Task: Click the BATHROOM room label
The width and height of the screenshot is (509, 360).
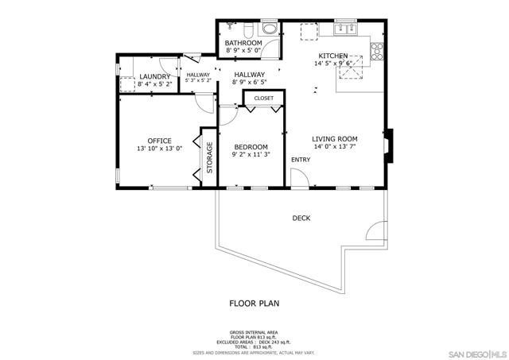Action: tap(243, 43)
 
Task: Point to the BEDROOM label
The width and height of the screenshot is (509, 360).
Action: tap(251, 146)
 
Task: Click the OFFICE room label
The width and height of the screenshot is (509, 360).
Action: tap(159, 141)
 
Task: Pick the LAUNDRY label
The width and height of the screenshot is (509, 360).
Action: tap(153, 76)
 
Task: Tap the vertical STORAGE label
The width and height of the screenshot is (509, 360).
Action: tap(210, 157)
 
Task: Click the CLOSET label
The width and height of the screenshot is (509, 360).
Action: tap(264, 99)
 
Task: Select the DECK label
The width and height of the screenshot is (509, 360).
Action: tap(301, 218)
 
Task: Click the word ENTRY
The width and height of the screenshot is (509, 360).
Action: tap(301, 161)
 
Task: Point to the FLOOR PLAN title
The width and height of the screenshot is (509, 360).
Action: tap(254, 303)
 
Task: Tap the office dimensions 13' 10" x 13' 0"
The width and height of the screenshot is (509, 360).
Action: tap(159, 149)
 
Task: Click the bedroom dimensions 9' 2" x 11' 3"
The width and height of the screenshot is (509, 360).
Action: tap(251, 155)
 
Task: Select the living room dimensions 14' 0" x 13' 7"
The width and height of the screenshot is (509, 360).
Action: tap(335, 146)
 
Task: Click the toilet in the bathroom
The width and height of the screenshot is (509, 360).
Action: tap(249, 30)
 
